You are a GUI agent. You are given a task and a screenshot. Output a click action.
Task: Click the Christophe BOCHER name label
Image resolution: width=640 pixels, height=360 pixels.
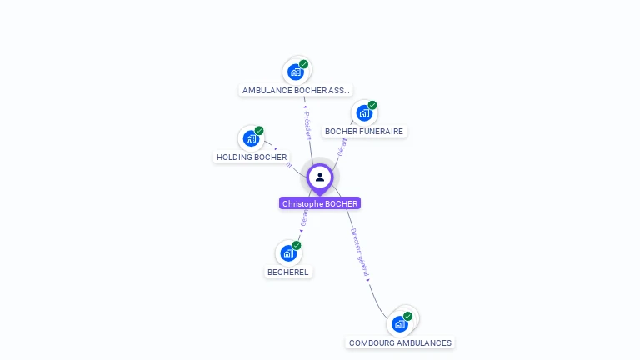320,203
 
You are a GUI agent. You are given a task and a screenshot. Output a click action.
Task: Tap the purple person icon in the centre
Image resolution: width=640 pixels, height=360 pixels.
320,177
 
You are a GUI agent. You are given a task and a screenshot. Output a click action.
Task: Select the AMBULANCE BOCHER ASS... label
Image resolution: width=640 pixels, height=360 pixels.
297,90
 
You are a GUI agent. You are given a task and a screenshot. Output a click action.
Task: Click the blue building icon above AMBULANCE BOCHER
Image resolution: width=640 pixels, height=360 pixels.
295,72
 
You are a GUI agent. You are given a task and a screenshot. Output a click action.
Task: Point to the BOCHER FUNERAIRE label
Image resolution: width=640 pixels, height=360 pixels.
364,132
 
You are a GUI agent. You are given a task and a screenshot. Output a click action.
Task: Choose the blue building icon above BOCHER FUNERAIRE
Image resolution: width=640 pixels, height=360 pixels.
364,113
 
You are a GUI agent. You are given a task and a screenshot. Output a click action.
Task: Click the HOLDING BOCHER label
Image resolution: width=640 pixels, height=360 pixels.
252,157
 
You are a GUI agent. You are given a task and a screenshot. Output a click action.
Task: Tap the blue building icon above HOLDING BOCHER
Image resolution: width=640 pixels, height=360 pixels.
251,138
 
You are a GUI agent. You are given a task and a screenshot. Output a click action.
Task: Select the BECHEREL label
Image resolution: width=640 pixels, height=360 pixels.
288,272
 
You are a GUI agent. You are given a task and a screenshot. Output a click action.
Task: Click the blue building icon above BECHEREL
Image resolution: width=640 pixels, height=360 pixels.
288,253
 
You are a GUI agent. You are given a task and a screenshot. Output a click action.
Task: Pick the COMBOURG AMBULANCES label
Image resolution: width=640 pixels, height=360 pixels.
400,342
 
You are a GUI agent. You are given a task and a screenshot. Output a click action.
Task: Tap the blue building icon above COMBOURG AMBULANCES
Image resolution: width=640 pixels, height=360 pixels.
400,324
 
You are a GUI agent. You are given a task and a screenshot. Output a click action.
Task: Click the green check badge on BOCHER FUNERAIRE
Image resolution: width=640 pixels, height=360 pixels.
372,105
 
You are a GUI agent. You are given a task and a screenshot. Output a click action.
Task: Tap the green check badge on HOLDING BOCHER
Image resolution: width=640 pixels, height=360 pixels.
259,131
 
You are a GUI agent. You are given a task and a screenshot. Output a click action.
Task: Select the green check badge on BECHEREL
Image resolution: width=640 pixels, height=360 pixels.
297,245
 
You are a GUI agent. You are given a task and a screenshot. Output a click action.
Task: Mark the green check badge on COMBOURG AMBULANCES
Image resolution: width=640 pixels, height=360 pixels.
408,316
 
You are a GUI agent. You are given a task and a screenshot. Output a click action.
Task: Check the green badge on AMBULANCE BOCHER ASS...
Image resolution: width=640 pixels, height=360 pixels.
304,64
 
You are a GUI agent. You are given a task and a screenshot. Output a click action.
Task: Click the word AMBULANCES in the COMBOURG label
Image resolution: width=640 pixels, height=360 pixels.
423,342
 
